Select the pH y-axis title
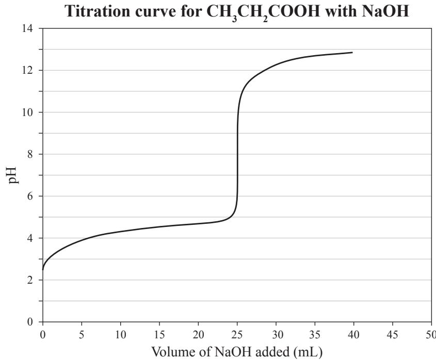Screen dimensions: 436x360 [x=13, y=175]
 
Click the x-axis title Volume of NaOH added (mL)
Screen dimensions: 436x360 [x=237, y=352]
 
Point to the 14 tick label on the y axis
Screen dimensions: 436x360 [x=27, y=28]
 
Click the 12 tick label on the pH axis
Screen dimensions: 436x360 [x=27, y=70]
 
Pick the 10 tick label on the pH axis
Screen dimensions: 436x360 [x=27, y=112]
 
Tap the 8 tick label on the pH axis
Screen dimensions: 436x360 [x=30, y=154]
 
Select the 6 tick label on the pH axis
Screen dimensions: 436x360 [x=30, y=197]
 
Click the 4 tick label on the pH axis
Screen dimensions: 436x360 [x=30, y=238]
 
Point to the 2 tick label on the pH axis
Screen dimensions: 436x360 [x=30, y=280]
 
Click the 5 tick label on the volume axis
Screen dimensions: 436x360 [x=82, y=335]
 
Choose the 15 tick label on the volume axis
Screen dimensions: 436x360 [x=159, y=335]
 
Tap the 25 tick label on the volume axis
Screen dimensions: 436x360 [x=237, y=335]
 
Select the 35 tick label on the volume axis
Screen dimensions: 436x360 [x=315, y=335]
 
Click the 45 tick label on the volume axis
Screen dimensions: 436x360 [x=392, y=335]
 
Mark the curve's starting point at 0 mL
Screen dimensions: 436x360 [x=43, y=269]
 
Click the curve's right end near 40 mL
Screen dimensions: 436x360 [x=352, y=52]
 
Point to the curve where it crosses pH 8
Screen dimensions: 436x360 [x=237, y=154]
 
